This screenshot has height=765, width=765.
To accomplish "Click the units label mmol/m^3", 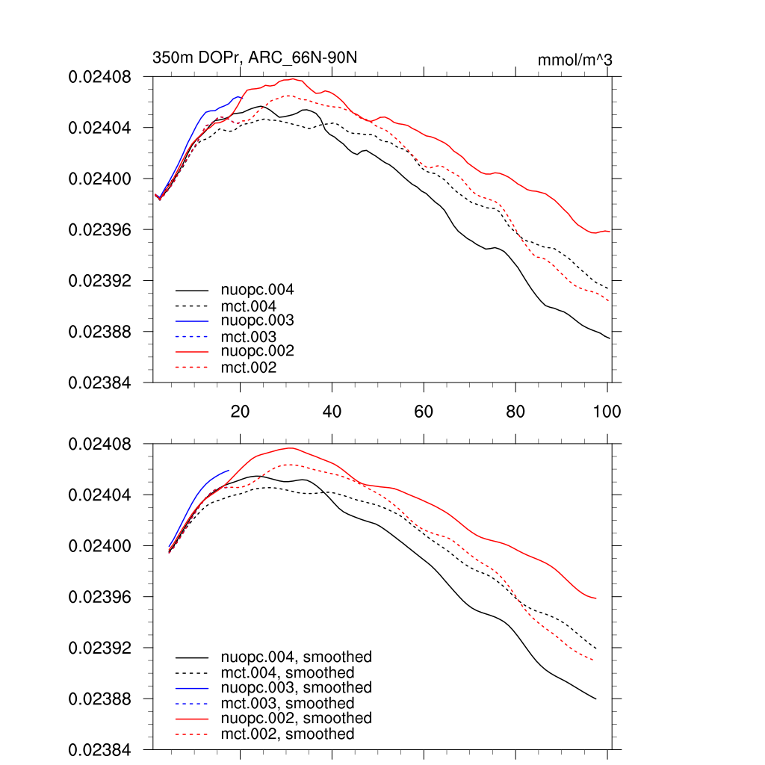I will pyautogui.click(x=574, y=59).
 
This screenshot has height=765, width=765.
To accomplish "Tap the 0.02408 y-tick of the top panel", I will pyautogui.click(x=99, y=77).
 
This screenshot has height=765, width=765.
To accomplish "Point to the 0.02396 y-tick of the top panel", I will pyautogui.click(x=99, y=229).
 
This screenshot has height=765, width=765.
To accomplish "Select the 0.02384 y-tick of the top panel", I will pyautogui.click(x=99, y=382).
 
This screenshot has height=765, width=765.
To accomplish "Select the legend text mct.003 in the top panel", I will pyautogui.click(x=248, y=337).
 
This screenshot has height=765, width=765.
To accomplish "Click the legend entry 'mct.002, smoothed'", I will pyautogui.click(x=287, y=734).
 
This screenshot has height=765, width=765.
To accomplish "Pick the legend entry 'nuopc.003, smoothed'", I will pyautogui.click(x=296, y=687).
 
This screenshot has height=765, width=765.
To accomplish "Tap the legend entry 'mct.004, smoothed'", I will pyautogui.click(x=287, y=673).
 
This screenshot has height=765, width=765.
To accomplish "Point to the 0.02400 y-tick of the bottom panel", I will pyautogui.click(x=99, y=546).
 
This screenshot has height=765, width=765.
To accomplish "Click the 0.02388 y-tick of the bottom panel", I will pyautogui.click(x=99, y=699).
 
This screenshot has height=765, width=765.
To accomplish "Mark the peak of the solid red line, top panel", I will pyautogui.click(x=293, y=78).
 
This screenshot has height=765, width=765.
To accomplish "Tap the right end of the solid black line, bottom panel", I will pyautogui.click(x=595, y=699).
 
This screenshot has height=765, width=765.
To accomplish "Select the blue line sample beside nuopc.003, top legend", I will pyautogui.click(x=192, y=320).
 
